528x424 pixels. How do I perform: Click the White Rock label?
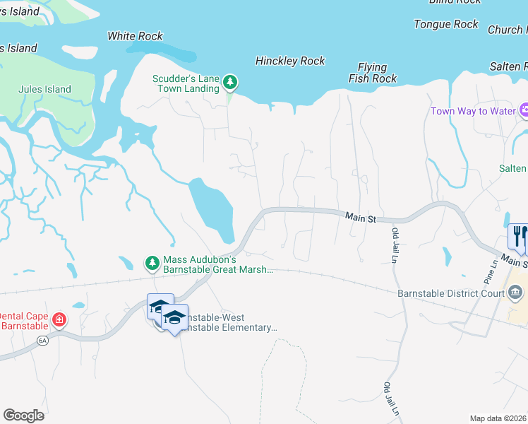(x=135, y=36)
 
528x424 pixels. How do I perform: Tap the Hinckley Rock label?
(x=290, y=61)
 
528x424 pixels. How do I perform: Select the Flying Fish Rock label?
(x=373, y=73)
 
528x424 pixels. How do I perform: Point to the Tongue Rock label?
(x=446, y=24)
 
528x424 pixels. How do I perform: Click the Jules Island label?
(x=44, y=89)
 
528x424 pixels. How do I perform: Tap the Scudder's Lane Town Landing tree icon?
(x=229, y=83)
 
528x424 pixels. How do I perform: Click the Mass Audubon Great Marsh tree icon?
(x=152, y=263)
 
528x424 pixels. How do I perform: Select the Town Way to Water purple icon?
(x=524, y=111)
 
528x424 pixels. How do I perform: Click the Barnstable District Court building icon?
(x=515, y=292)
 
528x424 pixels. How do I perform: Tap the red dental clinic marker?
(x=59, y=320)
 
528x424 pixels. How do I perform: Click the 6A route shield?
(x=42, y=341)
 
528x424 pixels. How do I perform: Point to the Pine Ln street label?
(x=492, y=267)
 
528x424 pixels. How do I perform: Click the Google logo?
(x=23, y=416)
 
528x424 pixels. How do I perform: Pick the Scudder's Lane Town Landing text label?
(x=186, y=83)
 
